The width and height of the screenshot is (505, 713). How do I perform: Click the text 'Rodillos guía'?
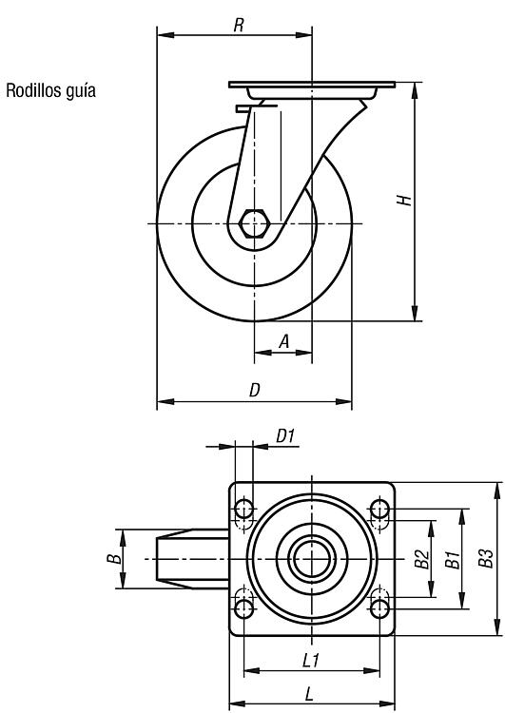50,90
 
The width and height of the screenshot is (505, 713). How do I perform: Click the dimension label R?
239,26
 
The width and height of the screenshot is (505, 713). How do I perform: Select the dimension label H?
404,200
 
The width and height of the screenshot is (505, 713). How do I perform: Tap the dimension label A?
284,341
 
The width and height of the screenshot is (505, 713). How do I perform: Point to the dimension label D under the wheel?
255,390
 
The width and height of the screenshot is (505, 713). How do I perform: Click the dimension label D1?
285,436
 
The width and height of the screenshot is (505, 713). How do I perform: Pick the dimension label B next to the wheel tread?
115,558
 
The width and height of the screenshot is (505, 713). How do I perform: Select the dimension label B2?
421,559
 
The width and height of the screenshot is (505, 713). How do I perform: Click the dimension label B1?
453,559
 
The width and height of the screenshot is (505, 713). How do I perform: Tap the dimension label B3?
485,559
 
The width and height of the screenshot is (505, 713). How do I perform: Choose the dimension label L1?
312,661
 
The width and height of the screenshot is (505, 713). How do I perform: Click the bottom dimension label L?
309,694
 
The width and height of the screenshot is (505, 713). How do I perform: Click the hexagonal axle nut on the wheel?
255,223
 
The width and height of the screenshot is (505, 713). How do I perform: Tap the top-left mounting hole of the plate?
244,509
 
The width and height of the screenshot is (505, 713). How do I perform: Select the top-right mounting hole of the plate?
379,509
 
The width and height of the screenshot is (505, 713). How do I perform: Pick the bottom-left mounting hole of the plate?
244,608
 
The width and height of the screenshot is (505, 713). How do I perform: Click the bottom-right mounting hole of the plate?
379,608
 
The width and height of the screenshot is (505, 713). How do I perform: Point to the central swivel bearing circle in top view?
312,558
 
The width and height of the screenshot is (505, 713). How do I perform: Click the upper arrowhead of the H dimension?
415,90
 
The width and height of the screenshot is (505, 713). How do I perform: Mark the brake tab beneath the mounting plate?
256,107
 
